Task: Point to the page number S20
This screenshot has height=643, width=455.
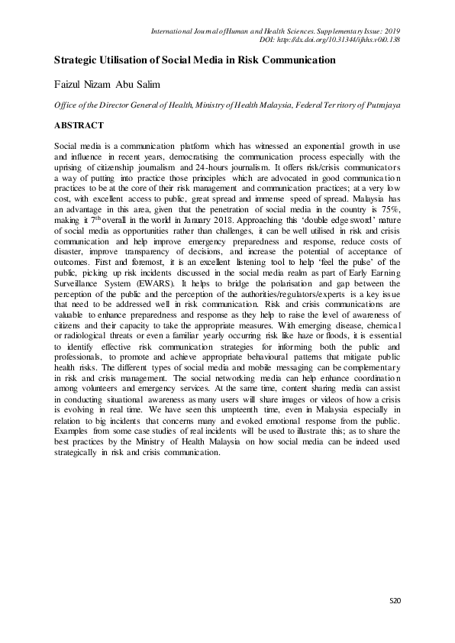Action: tap(395, 601)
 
